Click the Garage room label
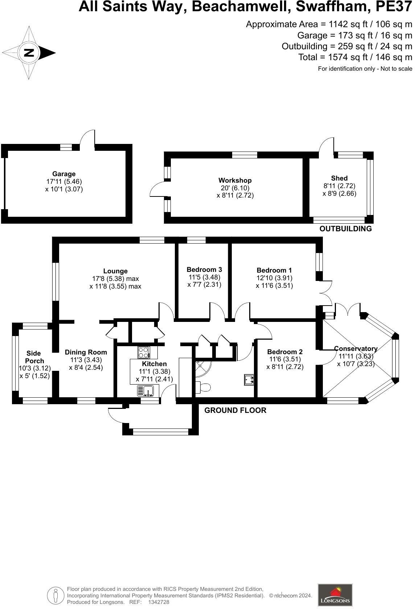click(x=64, y=174)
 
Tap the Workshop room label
click(x=235, y=181)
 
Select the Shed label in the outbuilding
click(x=339, y=178)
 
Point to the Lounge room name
click(x=115, y=271)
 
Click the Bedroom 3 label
click(x=204, y=270)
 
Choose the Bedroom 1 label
click(x=274, y=270)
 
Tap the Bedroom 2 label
click(x=285, y=352)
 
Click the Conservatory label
click(x=356, y=349)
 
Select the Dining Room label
click(x=86, y=352)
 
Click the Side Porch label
click(x=34, y=357)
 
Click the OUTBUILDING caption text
click(x=345, y=229)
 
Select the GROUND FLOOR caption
click(x=235, y=410)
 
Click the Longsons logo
click(x=335, y=595)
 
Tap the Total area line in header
click(x=355, y=57)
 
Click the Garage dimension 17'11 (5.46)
click(x=64, y=182)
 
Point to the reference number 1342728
click(x=159, y=602)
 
